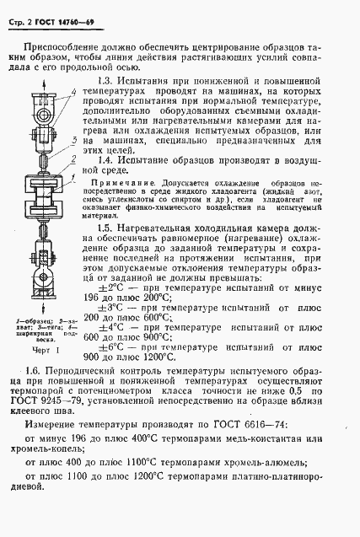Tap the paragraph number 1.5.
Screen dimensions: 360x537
105,228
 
